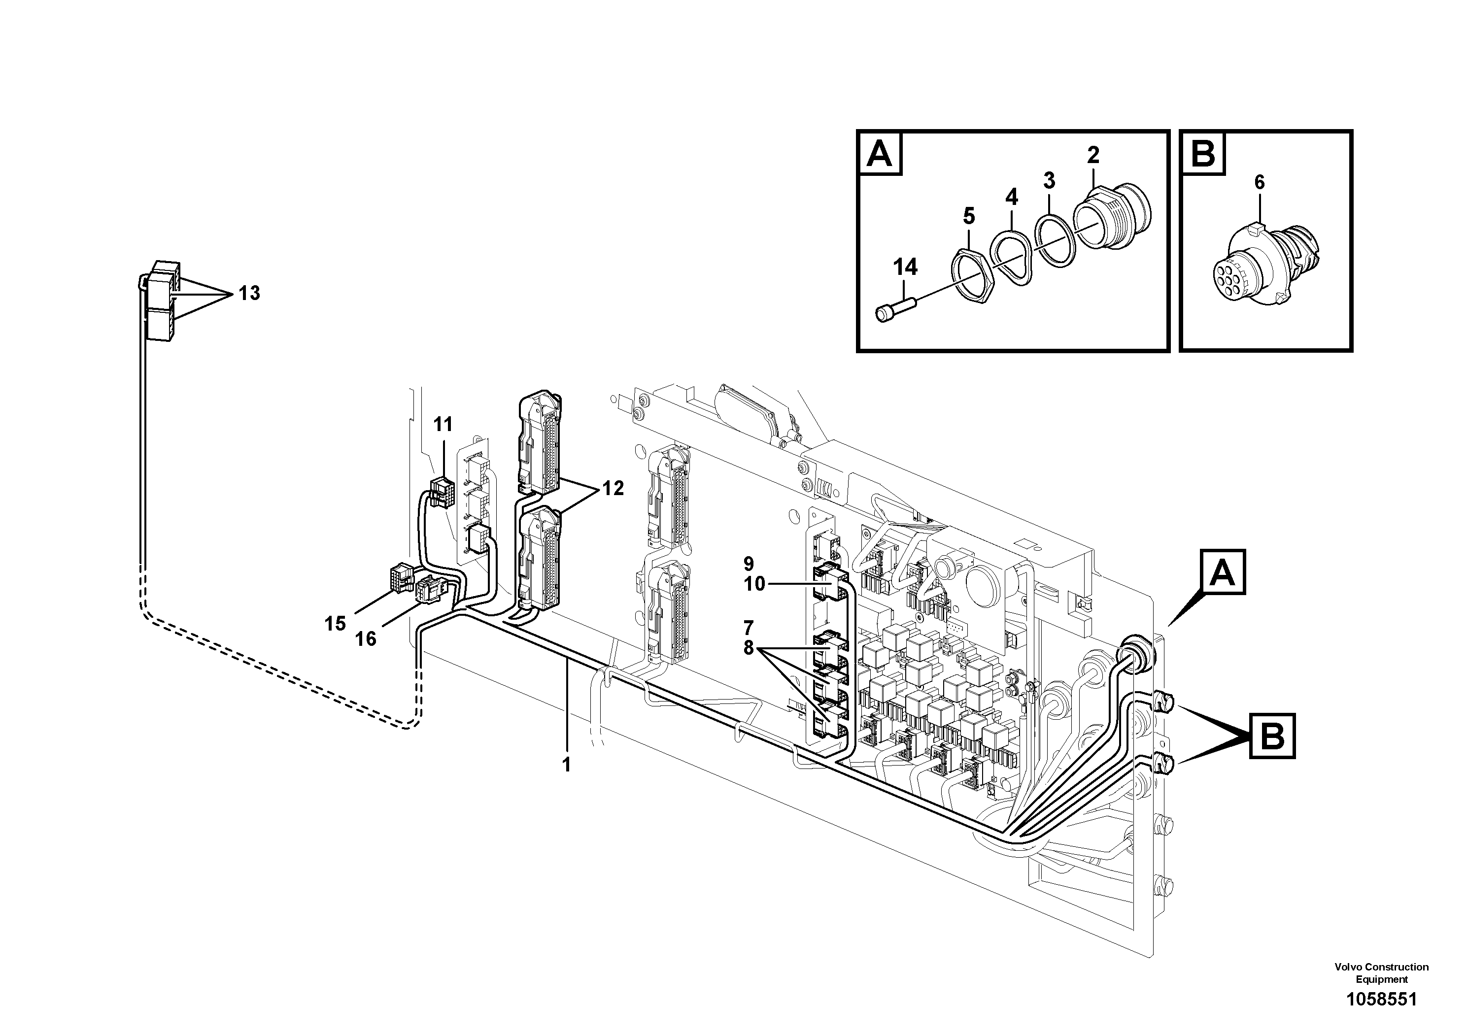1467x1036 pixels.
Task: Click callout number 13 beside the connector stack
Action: (249, 293)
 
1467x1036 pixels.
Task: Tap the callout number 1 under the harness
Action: (566, 765)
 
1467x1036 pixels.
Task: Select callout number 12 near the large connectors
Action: (612, 489)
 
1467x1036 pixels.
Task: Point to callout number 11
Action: (443, 424)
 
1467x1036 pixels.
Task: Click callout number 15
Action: (335, 623)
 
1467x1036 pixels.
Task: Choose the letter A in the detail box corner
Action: (879, 154)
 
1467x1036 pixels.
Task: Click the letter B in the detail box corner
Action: (1203, 154)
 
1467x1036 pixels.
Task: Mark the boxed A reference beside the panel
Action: (1223, 572)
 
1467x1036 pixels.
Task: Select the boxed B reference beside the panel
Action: (1271, 736)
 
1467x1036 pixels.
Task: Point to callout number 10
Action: (754, 584)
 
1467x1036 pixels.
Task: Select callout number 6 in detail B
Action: (1259, 182)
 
